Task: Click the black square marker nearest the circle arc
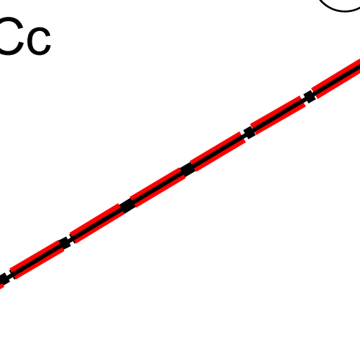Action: point(309,96)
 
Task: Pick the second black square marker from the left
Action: point(65,243)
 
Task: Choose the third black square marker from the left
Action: point(127,205)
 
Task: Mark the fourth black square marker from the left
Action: point(187,169)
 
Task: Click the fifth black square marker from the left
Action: point(250,132)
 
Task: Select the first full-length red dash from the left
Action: point(37,259)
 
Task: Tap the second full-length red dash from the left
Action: point(97,224)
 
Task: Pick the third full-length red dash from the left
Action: point(157,188)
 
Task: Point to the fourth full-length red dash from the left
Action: point(218,152)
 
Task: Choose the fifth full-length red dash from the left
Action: point(278,115)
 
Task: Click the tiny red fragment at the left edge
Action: point(1,286)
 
